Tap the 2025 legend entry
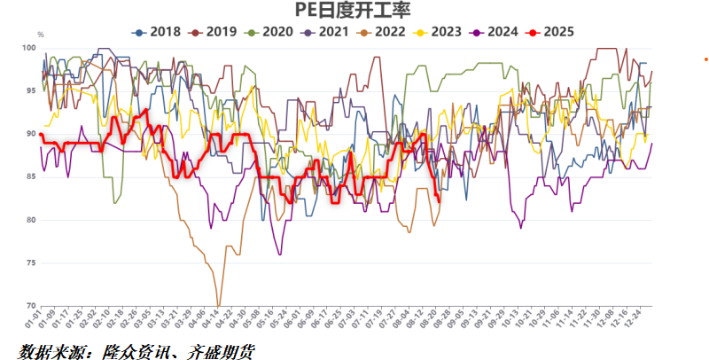(x=556, y=32)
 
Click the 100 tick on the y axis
(x=30, y=48)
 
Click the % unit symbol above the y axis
(x=40, y=36)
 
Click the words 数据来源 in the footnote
(x=46, y=351)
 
